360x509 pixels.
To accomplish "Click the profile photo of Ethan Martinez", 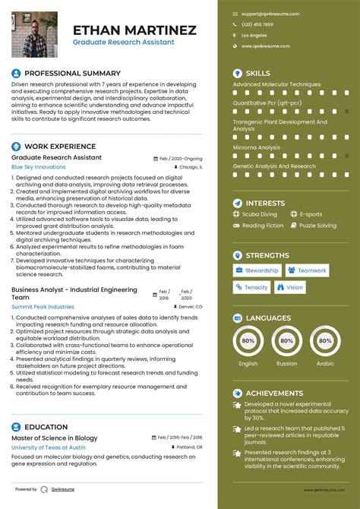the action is (x=35, y=34).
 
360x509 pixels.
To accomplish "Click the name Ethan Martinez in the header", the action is (x=134, y=30).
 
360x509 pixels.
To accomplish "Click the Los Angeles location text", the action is (x=254, y=35).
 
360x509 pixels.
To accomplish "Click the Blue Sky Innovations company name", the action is (x=39, y=166).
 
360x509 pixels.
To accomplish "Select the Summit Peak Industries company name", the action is (x=43, y=306).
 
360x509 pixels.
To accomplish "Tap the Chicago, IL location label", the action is (x=191, y=166).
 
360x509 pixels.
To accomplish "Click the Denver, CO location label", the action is (x=190, y=306).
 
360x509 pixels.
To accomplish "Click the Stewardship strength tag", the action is (x=257, y=270).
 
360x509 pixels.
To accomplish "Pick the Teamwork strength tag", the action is (x=308, y=270).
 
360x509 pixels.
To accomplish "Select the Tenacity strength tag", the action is (x=252, y=287).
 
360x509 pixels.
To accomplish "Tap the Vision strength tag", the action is (x=291, y=287).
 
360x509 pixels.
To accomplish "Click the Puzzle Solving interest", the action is (x=317, y=226).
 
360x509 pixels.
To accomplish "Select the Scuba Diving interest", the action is (x=259, y=214).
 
